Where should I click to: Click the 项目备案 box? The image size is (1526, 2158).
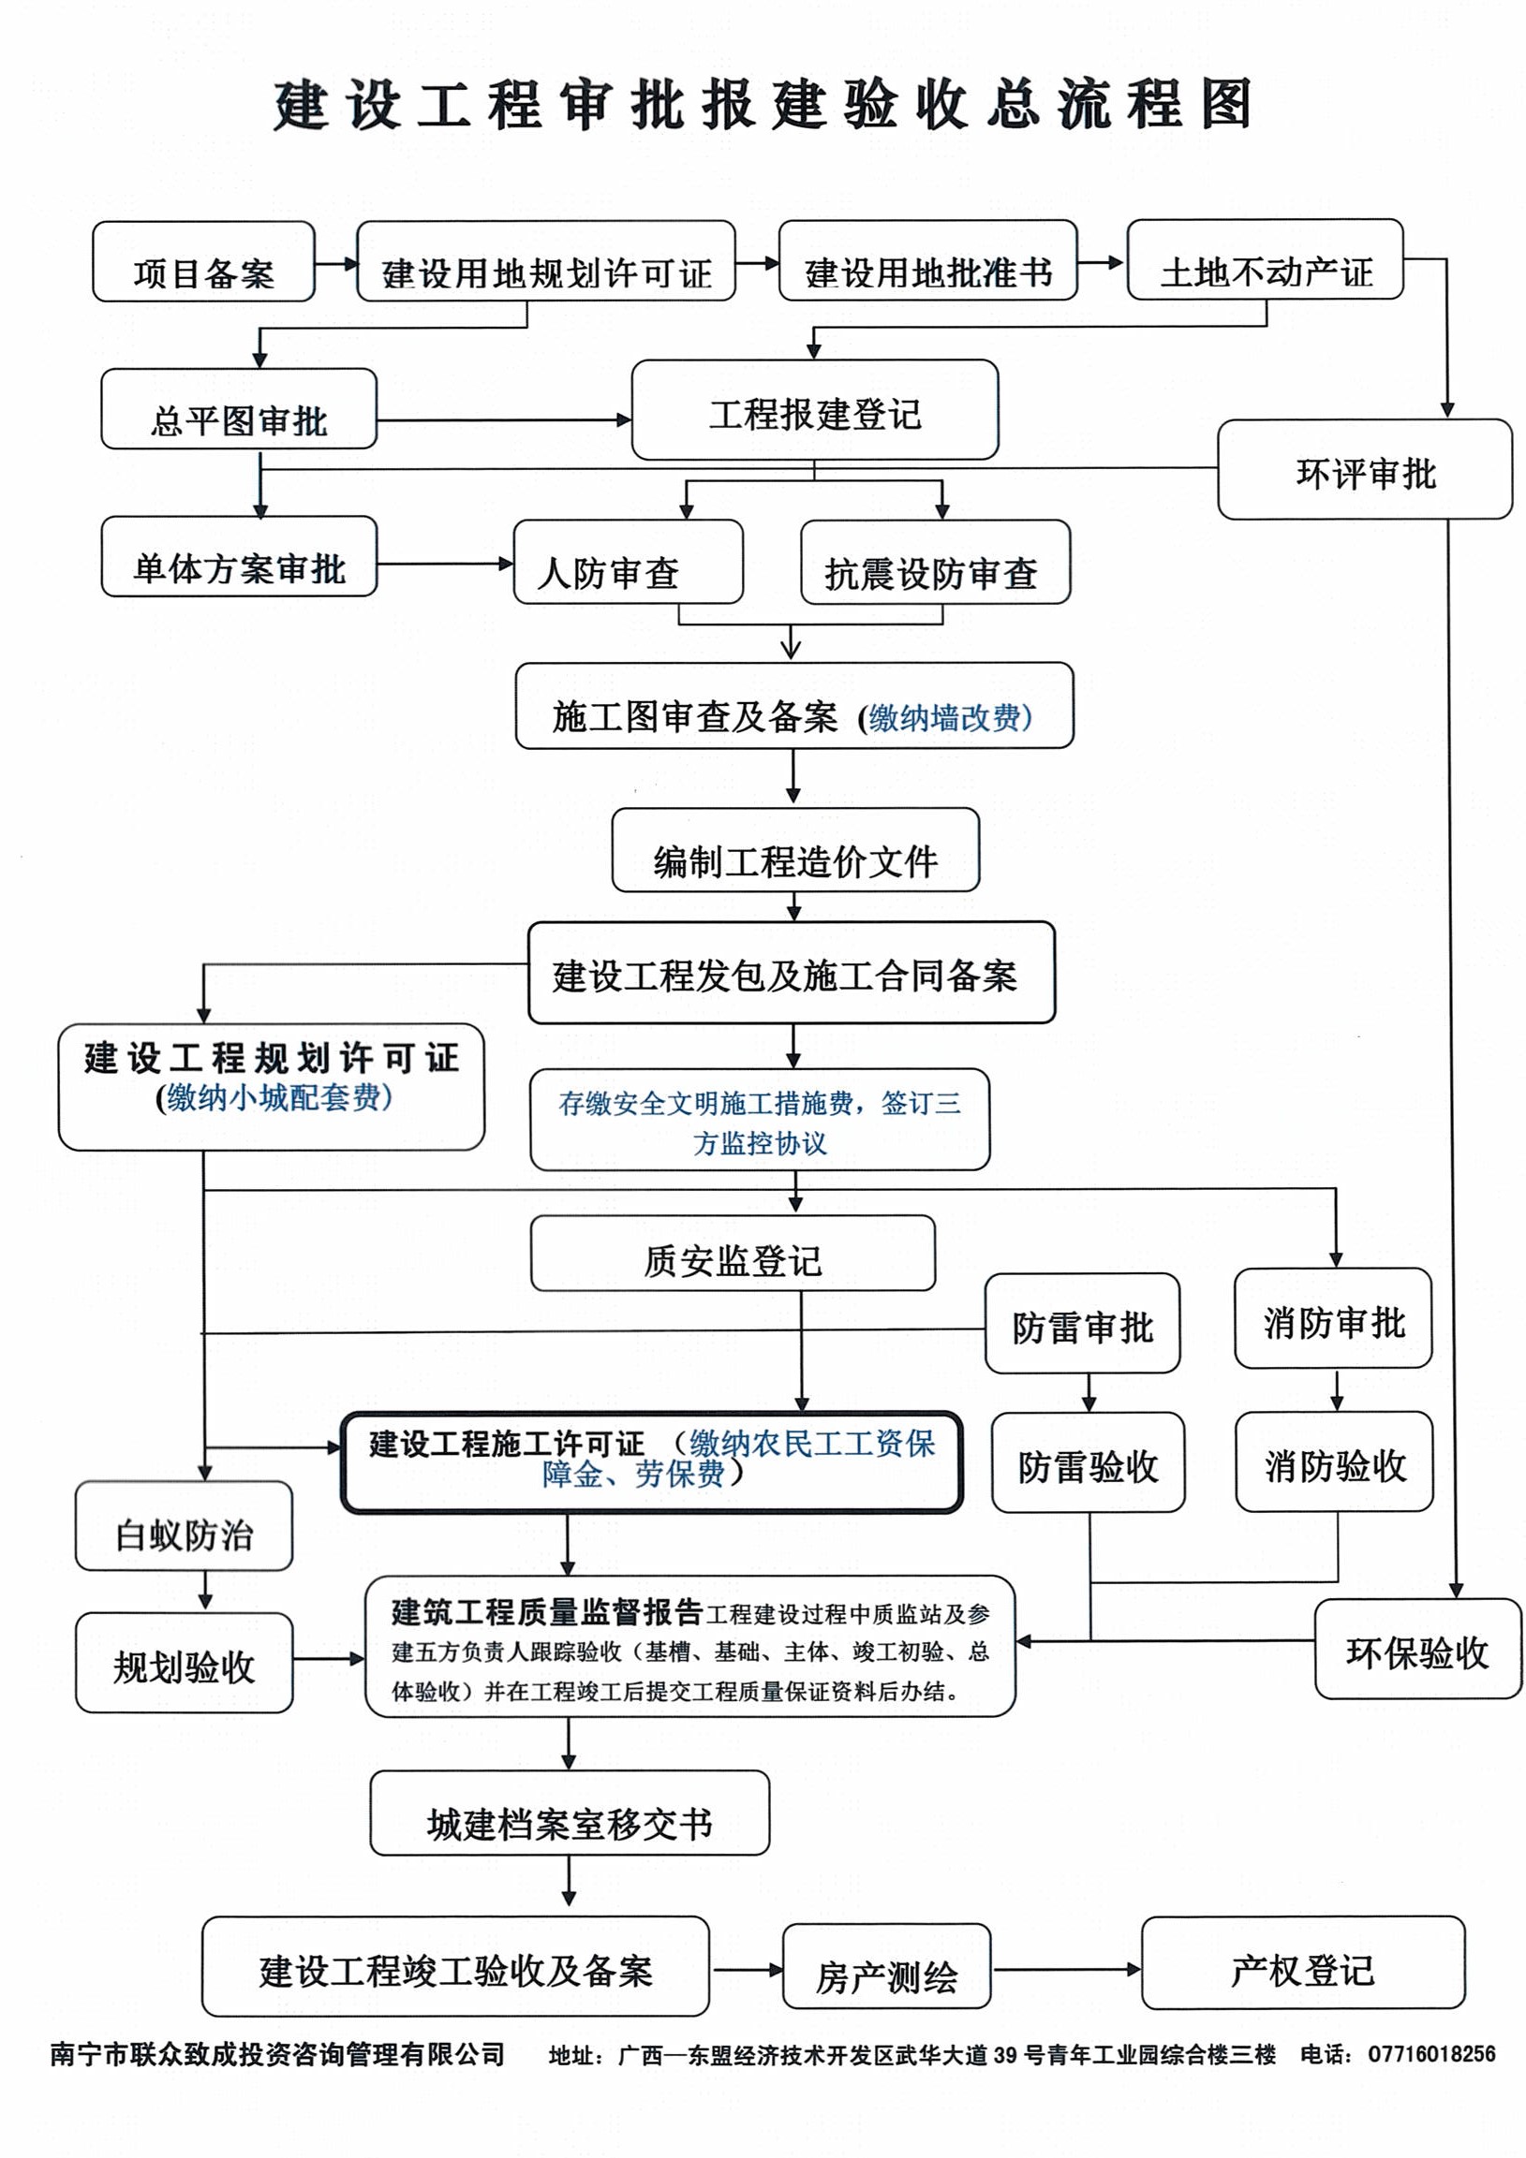pyautogui.click(x=203, y=262)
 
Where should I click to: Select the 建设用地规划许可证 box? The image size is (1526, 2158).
pyautogui.click(x=545, y=261)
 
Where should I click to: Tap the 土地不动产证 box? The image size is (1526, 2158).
pyautogui.click(x=1265, y=260)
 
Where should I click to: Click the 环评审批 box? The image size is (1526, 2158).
pyautogui.click(x=1364, y=470)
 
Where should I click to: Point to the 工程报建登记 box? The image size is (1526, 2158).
pyautogui.click(x=814, y=411)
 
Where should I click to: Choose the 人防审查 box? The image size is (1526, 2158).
pyautogui.click(x=627, y=562)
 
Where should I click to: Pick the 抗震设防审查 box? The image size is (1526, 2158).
pyautogui.click(x=935, y=562)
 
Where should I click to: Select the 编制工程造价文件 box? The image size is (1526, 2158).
pyautogui.click(x=795, y=851)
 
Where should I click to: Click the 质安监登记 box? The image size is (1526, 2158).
pyautogui.click(x=733, y=1254)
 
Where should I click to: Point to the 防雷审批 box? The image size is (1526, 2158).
pyautogui.click(x=1082, y=1324)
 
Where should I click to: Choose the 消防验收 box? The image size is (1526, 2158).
pyautogui.click(x=1334, y=1462)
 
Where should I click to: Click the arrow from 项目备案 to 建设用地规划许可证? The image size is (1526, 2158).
pyautogui.click(x=335, y=263)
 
